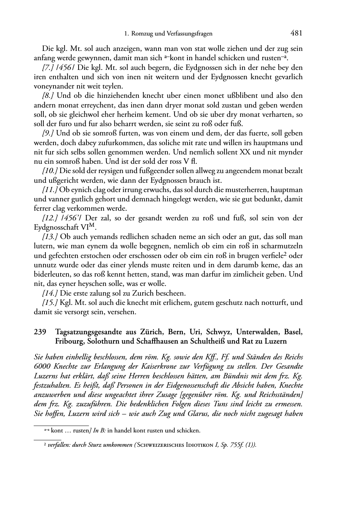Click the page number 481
click(x=296, y=33)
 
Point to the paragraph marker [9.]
click(x=48, y=133)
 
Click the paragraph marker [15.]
click(x=50, y=302)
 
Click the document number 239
click(x=40, y=332)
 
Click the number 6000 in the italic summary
click(x=42, y=366)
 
